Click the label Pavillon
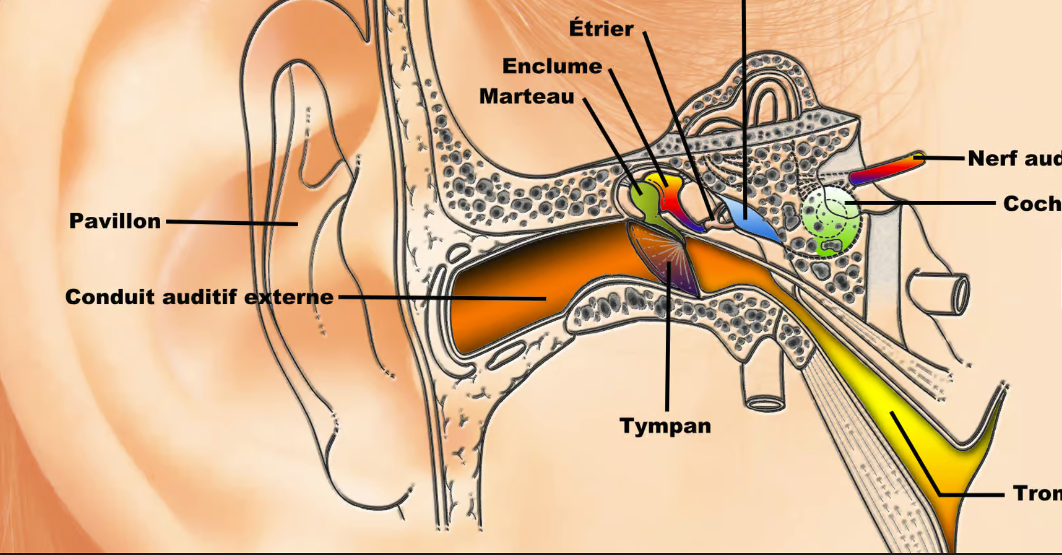tap(115, 221)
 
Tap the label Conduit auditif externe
tap(199, 297)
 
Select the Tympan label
tap(665, 426)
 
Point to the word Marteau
tap(527, 96)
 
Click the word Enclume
tap(552, 66)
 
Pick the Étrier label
tap(601, 29)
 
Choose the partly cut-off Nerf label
tap(1013, 158)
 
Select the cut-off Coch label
tap(1031, 204)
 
